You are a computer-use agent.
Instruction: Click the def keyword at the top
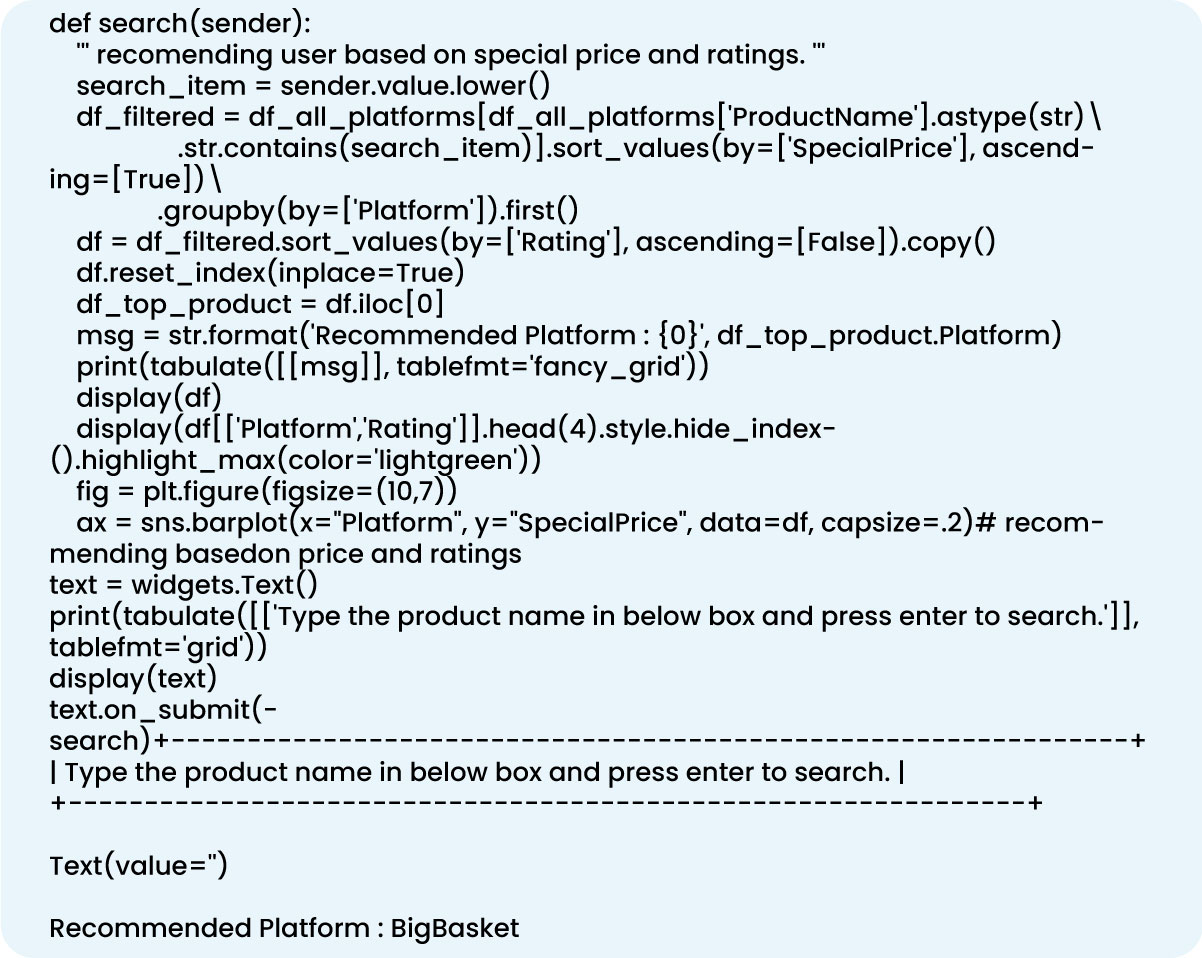(x=68, y=22)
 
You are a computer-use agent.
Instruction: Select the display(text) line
(x=133, y=679)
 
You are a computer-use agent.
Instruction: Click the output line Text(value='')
(x=138, y=865)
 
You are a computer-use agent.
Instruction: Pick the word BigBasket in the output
(x=455, y=928)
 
